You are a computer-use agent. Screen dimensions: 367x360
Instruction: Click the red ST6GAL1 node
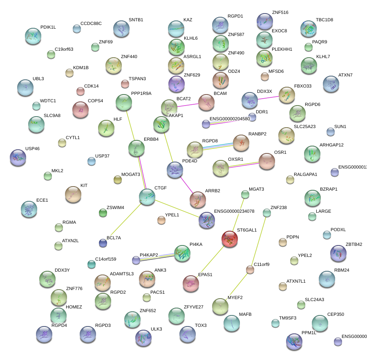230,239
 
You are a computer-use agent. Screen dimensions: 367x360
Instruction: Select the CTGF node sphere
147,197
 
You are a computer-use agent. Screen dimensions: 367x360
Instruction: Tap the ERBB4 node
137,149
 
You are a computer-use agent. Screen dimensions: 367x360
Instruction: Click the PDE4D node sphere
175,170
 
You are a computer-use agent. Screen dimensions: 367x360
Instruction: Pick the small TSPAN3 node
125,84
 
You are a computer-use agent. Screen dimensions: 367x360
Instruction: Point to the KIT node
73,194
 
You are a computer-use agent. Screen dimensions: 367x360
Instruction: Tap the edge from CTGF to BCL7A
123,221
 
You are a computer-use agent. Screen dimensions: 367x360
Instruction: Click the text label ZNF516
280,13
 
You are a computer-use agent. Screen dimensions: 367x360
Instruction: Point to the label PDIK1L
48,27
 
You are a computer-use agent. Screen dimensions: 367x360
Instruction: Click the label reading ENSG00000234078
234,211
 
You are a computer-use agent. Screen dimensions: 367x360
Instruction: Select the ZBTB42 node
338,253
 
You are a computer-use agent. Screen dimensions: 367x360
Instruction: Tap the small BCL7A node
103,243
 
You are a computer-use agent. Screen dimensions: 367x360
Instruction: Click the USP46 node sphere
18,157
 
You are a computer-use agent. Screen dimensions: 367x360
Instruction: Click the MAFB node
232,323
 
